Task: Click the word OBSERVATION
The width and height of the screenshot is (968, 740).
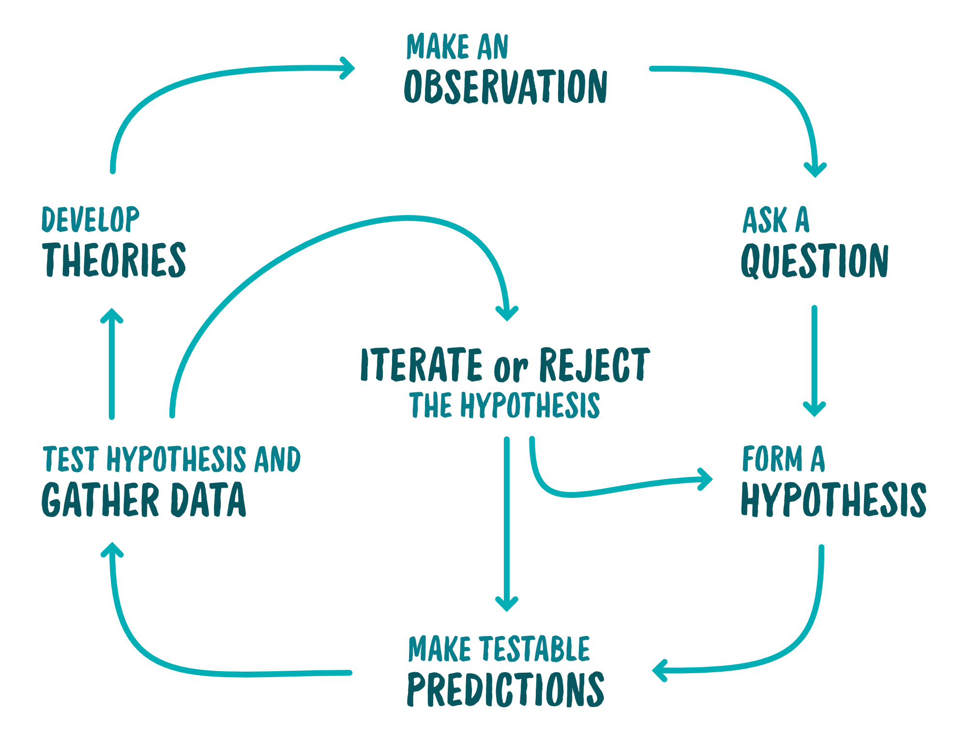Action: [506, 87]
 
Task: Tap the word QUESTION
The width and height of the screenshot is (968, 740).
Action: [815, 261]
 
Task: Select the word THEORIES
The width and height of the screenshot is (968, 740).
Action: [114, 260]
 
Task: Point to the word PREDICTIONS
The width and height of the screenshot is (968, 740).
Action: [506, 689]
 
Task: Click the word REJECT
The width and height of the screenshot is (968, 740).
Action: [594, 365]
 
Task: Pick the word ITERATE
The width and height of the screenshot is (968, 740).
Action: [422, 364]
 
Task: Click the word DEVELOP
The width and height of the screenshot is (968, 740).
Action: [91, 219]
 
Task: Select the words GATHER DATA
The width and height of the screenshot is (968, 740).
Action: [144, 499]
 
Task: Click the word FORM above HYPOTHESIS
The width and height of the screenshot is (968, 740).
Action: [772, 459]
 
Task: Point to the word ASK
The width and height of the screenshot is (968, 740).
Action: [765, 220]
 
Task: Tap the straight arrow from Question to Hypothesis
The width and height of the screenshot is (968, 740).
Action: [815, 358]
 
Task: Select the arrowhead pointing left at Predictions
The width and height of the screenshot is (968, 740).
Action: [659, 671]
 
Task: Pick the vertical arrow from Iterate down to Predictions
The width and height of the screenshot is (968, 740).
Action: [507, 523]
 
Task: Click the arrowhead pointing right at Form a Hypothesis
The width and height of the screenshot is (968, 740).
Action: [706, 479]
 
